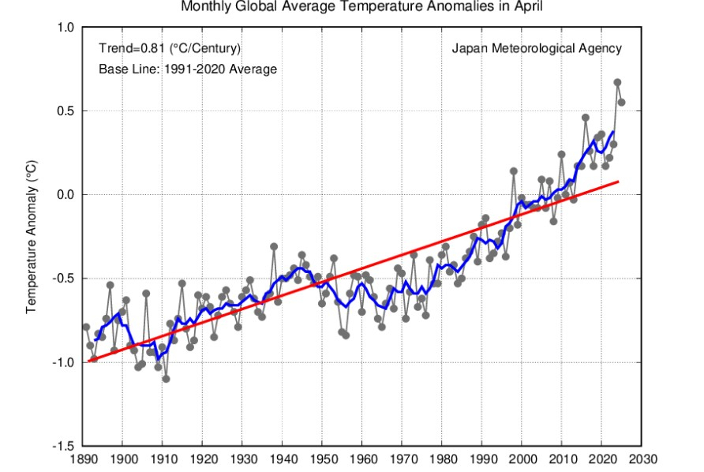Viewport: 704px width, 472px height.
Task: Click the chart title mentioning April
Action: [362, 7]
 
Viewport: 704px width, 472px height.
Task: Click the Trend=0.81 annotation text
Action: [170, 48]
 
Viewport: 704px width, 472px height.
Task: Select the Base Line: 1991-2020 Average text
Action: [188, 69]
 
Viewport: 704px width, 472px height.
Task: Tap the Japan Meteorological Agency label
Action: [537, 48]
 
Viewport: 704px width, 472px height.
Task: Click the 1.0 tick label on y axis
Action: [66, 28]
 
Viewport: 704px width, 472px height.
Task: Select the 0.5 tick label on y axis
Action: [66, 111]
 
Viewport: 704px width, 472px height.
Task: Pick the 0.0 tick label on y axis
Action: [66, 195]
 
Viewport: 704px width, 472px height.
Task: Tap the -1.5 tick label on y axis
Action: [64, 447]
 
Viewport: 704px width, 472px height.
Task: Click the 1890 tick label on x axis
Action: [83, 458]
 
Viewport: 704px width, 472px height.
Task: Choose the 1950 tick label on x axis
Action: [323, 458]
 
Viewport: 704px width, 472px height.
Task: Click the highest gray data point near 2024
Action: [617, 82]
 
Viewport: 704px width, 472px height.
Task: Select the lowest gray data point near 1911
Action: [167, 379]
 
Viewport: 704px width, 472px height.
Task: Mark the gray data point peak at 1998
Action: [514, 171]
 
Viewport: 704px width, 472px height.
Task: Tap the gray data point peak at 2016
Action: [586, 118]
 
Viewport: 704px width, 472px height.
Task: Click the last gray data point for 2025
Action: [622, 102]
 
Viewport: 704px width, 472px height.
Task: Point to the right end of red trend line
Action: [618, 182]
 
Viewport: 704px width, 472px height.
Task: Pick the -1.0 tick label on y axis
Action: [64, 363]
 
